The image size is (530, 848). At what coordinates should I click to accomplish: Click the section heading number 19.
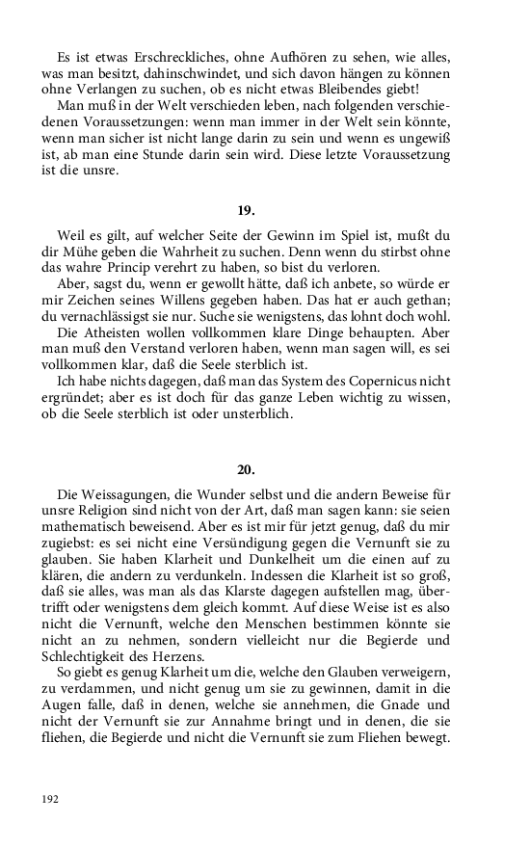(246, 210)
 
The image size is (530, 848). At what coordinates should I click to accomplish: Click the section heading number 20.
(246, 469)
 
